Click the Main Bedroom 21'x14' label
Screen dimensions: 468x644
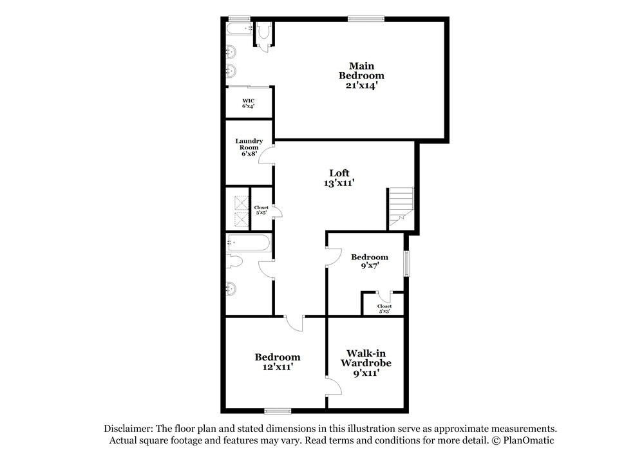point(361,75)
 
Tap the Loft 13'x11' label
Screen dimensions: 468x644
point(339,178)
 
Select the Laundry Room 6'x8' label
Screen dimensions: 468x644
point(248,147)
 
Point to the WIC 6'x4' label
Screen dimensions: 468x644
point(248,102)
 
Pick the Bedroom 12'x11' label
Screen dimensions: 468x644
point(277,362)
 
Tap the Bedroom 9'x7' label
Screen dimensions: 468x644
point(369,261)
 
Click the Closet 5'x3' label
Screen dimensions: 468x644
point(384,308)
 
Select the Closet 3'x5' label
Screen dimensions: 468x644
point(261,209)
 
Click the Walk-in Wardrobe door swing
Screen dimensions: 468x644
point(334,388)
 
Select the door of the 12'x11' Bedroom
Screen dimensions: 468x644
point(294,323)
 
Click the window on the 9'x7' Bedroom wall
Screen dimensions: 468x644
point(406,263)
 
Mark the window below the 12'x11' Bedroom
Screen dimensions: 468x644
point(277,410)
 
